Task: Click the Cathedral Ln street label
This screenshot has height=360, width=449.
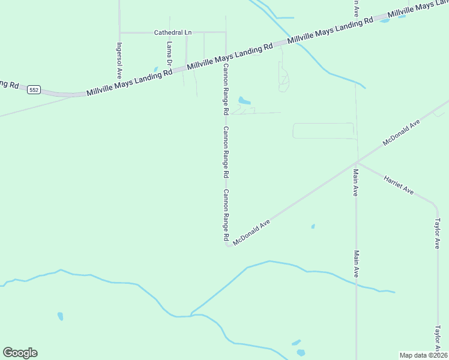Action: (x=172, y=32)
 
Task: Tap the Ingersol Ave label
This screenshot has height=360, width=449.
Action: (x=119, y=61)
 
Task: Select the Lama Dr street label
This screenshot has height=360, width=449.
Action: (x=169, y=53)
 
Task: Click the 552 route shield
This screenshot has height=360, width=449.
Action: (x=34, y=89)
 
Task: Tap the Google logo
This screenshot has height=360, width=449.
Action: (x=20, y=353)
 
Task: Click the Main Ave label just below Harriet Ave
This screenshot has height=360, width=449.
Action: (x=356, y=183)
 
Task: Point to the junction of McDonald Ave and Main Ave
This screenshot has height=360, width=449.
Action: (x=357, y=161)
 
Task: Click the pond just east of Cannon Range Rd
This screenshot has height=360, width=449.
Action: (x=244, y=100)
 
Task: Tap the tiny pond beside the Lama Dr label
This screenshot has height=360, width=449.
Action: (x=157, y=69)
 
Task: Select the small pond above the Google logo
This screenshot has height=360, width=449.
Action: (x=60, y=316)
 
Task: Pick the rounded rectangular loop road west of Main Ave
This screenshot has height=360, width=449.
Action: (x=324, y=131)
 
